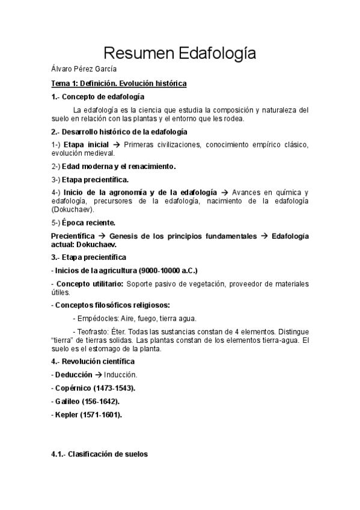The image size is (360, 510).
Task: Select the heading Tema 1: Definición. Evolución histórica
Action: coord(119,83)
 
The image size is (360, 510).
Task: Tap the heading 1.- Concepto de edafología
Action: coord(98,96)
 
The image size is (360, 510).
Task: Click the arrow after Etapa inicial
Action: coord(118,145)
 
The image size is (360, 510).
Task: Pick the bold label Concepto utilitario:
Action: coord(90,283)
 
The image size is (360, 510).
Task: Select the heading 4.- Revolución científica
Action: coord(93,361)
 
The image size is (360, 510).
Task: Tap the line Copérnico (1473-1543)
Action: coord(93,388)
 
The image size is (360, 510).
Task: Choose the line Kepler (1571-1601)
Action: coord(87,414)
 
